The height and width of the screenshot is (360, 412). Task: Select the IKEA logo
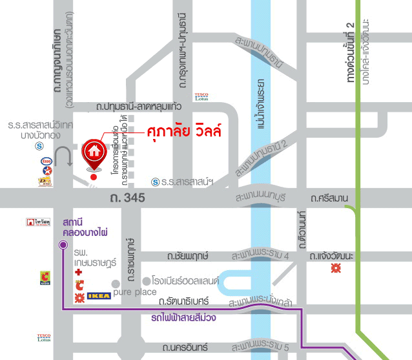coord(98,296)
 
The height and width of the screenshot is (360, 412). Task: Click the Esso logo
coord(46,160)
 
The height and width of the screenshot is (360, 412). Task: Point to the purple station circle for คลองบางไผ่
coord(63,245)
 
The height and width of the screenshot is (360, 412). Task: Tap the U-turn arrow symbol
coord(65,156)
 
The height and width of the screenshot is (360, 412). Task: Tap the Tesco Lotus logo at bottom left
coord(44,338)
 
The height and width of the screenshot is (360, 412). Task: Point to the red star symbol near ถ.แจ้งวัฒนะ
coord(335,268)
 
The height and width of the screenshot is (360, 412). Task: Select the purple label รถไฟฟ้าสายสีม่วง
coord(183,317)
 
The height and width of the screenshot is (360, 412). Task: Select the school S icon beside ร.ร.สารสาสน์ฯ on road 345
coord(155,182)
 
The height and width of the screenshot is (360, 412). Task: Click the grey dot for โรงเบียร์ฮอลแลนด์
coord(147,282)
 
